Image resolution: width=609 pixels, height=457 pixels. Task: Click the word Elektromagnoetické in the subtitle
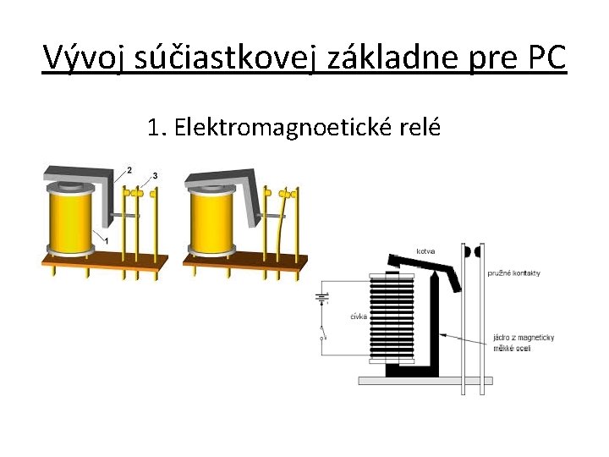pos(278,129)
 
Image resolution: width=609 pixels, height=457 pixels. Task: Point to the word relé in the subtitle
pos(417,129)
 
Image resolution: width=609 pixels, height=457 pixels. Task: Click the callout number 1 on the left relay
pos(107,241)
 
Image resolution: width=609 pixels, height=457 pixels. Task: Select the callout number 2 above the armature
pos(129,171)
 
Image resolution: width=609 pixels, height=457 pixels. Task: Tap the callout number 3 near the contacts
pos(155,175)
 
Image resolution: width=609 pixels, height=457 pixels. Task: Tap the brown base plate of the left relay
pos(101,260)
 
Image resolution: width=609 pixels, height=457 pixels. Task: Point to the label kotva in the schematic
pos(425,251)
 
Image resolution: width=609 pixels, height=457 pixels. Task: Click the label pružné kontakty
pos(513,273)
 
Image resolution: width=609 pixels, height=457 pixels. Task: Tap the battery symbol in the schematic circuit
pos(322,297)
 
